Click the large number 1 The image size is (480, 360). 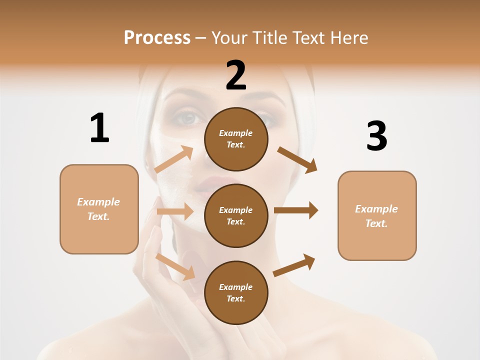tap(99, 128)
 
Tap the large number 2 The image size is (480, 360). tap(236, 75)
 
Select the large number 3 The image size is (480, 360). tap(376, 136)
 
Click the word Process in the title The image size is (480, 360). tap(157, 37)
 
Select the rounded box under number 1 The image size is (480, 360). tap(99, 209)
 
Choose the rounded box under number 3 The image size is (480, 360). tap(377, 215)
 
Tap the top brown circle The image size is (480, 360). tap(236, 139)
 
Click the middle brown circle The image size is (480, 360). tap(236, 215)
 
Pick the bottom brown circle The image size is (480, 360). tap(236, 292)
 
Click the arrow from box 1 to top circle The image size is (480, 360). tap(174, 159)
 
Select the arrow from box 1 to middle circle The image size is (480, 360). tap(175, 211)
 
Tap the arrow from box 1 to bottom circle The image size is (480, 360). tap(175, 266)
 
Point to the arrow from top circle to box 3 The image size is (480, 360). tap(297, 160)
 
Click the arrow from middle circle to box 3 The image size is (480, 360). tap(296, 210)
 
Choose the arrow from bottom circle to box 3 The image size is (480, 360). tap(294, 265)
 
